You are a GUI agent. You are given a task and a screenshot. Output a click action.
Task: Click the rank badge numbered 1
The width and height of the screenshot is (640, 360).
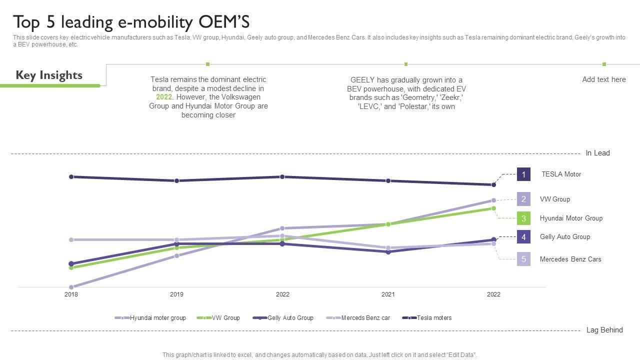(523, 174)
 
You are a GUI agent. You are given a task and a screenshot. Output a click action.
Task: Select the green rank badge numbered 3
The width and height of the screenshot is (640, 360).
(523, 218)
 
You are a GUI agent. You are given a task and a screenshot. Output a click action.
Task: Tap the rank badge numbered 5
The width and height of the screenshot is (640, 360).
(523, 259)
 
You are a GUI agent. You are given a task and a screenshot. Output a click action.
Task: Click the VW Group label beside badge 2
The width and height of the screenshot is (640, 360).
(554, 199)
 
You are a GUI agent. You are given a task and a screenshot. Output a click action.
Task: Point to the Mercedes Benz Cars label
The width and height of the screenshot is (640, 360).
(570, 259)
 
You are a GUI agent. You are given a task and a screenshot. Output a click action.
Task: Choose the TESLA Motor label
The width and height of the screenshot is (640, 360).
(561, 174)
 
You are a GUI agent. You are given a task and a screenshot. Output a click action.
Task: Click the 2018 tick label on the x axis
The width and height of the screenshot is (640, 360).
(71, 294)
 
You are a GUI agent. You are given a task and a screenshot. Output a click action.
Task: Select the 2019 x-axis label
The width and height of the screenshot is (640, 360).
(176, 294)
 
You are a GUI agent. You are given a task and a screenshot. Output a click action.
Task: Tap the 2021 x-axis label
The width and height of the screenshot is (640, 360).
(388, 294)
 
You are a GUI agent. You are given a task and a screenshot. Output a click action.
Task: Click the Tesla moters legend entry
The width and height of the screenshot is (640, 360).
(433, 318)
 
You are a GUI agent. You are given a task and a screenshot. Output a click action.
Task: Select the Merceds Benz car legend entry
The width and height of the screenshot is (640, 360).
(365, 318)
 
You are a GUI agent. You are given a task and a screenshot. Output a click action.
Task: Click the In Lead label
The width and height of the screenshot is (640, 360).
(597, 153)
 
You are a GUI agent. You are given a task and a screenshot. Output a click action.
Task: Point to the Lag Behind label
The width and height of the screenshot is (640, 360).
(604, 330)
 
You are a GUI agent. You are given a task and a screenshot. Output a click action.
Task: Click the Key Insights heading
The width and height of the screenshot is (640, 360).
(49, 75)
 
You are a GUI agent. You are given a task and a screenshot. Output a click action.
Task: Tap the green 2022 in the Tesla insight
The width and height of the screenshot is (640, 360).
(163, 97)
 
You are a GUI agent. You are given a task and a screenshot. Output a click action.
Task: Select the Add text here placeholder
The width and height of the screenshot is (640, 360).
(603, 79)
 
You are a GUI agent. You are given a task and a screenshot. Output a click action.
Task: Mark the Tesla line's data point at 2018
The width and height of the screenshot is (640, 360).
(71, 176)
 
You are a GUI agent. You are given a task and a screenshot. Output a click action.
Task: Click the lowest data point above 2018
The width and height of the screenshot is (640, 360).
(71, 287)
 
